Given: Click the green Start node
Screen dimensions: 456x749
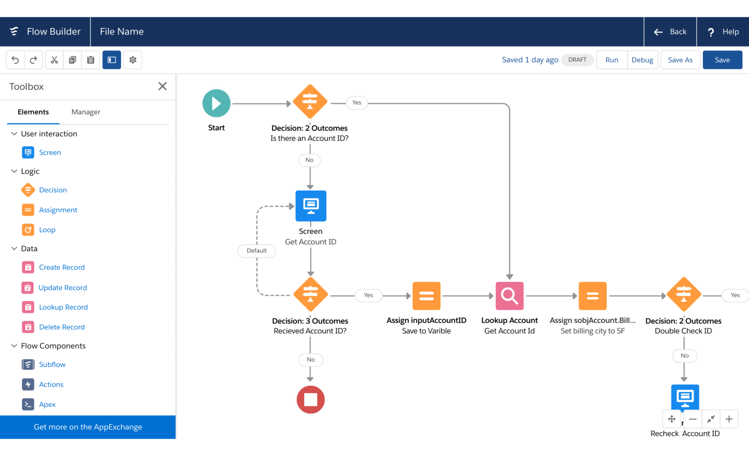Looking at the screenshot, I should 217,103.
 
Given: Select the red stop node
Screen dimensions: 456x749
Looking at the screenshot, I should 310,400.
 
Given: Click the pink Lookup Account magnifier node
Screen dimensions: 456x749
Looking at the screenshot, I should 510,296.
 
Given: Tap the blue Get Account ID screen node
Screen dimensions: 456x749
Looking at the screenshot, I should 311,206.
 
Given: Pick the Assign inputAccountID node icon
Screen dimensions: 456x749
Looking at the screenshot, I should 426,296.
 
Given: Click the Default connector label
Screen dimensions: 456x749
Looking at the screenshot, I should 257,251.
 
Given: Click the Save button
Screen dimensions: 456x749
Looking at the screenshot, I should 722,60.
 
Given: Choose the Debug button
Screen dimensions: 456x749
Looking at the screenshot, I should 642,60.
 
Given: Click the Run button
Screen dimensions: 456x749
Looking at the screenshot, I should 612,60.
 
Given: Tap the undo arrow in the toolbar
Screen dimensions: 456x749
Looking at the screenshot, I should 15,60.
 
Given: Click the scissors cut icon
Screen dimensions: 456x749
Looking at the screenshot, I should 54,60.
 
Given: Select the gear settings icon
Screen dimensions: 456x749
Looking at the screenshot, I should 133,60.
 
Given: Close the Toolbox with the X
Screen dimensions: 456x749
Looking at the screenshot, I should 162,86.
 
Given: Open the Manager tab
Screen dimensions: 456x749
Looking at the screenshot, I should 86,112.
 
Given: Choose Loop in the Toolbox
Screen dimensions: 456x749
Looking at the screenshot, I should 47,230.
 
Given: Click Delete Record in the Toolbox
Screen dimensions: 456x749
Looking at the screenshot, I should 62,327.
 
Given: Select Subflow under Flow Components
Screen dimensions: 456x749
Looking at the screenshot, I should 52,365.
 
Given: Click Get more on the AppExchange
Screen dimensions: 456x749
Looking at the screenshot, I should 88,427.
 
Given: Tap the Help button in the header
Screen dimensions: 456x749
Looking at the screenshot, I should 723,32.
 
